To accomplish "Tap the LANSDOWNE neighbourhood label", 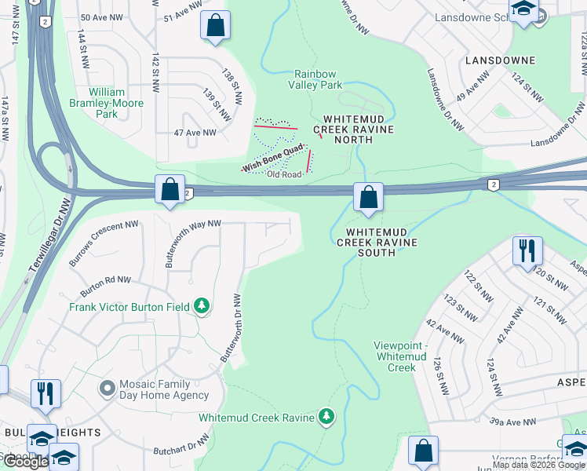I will click(500, 60).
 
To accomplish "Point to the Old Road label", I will click(284, 174).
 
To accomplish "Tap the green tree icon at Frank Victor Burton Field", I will click(202, 306).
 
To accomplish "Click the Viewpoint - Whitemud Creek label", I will click(402, 356).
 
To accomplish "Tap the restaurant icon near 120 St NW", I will click(527, 251).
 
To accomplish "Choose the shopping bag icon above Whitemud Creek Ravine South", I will click(368, 197).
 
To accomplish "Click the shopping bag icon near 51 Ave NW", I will click(215, 25).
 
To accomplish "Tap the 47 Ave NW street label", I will click(195, 133).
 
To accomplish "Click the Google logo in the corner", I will click(25, 462).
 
